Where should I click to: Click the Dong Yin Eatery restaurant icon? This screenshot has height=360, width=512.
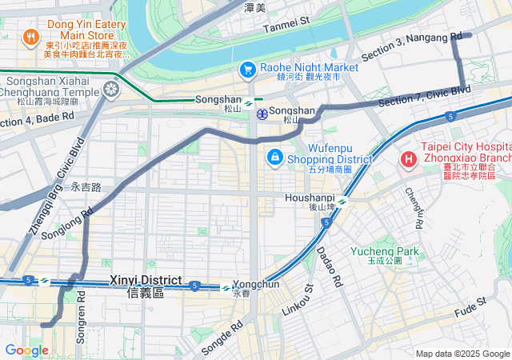pyautogui.click(x=30, y=36)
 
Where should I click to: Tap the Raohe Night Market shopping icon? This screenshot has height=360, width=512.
pyautogui.click(x=247, y=70)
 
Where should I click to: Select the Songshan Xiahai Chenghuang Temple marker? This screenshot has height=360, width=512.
pyautogui.click(x=112, y=87)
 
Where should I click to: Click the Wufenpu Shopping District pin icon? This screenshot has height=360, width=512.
pyautogui.click(x=274, y=156)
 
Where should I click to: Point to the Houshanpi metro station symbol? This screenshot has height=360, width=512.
pyautogui.click(x=342, y=202)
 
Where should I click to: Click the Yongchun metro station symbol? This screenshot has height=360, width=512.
pyautogui.click(x=227, y=288)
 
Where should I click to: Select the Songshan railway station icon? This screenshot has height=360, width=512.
pyautogui.click(x=262, y=114)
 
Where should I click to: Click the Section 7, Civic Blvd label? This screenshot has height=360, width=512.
pyautogui.click(x=424, y=97)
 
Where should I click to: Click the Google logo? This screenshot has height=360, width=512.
pyautogui.click(x=26, y=350)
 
